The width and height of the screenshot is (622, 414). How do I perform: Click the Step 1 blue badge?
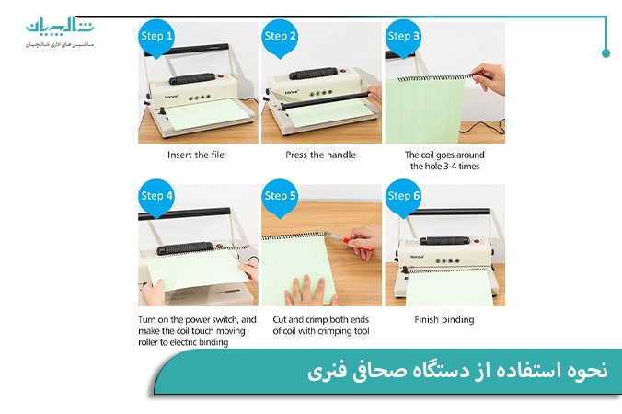click(155, 36)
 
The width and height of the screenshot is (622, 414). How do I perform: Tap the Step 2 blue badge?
click(280, 36)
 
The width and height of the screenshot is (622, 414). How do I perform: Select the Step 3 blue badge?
click(404, 36)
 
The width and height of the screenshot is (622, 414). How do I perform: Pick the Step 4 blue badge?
click(155, 196)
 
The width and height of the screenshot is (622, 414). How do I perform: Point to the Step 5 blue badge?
click(280, 196)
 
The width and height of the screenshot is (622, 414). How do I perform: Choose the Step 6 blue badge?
click(404, 196)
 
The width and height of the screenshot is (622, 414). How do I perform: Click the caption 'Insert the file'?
click(195, 155)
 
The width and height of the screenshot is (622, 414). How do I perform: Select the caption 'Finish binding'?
click(443, 319)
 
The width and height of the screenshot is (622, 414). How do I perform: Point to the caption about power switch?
click(197, 330)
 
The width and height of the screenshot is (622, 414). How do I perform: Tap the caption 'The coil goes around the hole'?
click(443, 160)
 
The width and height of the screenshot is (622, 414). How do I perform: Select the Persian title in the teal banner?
click(456, 372)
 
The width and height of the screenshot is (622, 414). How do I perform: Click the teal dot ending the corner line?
click(605, 53)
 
